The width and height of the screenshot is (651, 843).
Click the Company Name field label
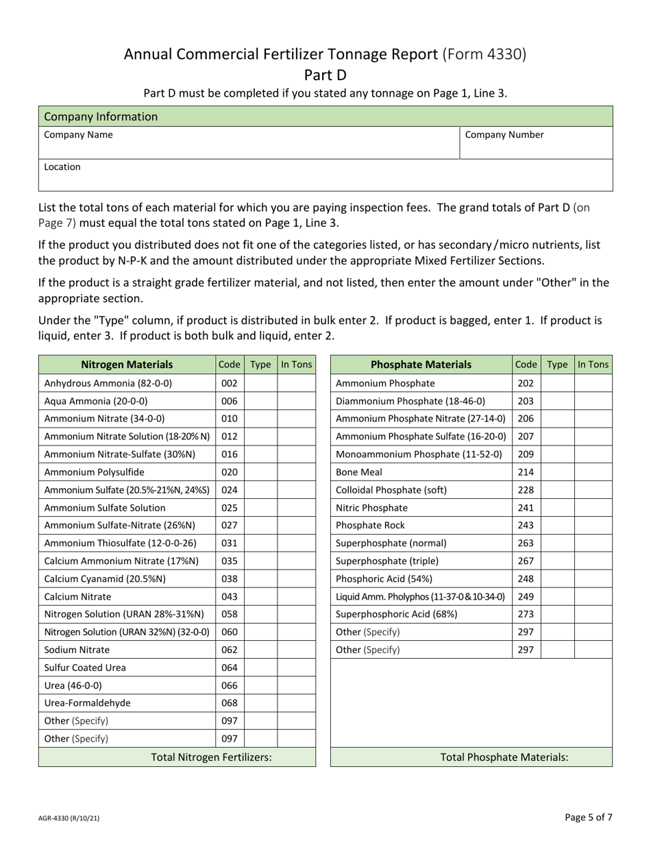78,135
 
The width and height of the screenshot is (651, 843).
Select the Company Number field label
504,135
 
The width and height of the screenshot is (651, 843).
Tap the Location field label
62,167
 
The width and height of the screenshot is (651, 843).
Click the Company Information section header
101,117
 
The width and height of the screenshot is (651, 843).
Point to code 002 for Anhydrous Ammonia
229,383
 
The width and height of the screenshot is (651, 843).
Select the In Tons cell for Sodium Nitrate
296,650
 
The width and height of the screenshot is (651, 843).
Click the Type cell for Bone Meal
557,472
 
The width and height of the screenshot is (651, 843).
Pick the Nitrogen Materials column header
127,365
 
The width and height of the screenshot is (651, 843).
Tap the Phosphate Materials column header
421,365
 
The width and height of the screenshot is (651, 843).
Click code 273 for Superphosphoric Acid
526,614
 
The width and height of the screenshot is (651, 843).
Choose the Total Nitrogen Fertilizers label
211,757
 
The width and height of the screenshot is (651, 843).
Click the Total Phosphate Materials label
504,757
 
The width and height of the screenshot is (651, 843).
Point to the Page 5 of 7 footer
589,817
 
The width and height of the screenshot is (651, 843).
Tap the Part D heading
325,75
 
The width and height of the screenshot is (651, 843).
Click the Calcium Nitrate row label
77,596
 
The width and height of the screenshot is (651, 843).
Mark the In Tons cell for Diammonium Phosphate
593,401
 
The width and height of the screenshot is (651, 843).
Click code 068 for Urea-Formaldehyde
229,703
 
